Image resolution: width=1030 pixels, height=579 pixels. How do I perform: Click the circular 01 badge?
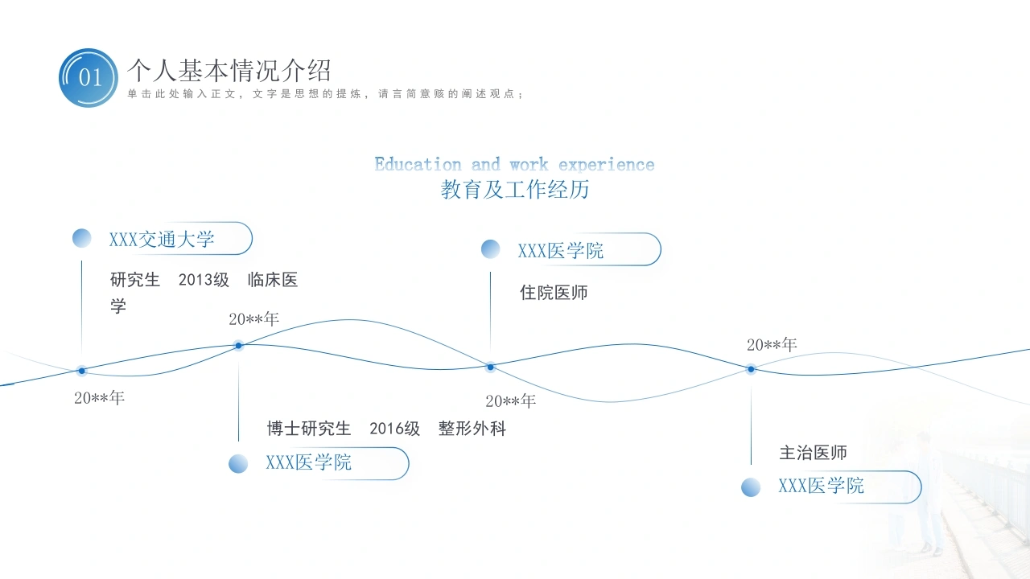point(89,78)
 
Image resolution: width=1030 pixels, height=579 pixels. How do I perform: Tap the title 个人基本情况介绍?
point(229,70)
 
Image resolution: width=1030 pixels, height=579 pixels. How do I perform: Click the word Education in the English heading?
point(418,164)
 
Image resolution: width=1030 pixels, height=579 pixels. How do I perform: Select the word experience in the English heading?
point(606,165)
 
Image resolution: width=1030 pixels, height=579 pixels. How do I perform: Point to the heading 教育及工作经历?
point(514,189)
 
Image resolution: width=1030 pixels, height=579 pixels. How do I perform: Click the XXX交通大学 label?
point(162,239)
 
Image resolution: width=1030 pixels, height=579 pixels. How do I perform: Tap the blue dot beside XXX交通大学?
point(82,238)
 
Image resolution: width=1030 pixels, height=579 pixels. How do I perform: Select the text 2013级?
point(204,279)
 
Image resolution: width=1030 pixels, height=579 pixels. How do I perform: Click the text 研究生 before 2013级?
point(134,279)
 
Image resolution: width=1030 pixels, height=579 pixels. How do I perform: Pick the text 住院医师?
point(554,292)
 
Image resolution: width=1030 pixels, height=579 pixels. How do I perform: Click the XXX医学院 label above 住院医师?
point(561,250)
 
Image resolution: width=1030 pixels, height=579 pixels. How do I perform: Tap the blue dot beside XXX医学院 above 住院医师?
point(490,249)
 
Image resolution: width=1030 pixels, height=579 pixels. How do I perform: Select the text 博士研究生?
point(308,429)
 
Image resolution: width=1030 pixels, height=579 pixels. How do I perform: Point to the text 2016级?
point(394,429)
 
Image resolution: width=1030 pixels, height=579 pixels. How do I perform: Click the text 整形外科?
point(472,429)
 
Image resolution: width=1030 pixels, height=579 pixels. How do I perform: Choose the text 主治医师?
point(813,453)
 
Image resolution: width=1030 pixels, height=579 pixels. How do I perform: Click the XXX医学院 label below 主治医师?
point(821,486)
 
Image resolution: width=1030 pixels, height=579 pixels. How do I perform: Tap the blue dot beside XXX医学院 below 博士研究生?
point(238,464)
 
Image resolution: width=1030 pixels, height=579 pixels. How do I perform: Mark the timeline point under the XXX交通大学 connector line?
point(82,371)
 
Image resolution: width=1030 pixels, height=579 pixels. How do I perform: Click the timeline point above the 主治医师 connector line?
point(751,369)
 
